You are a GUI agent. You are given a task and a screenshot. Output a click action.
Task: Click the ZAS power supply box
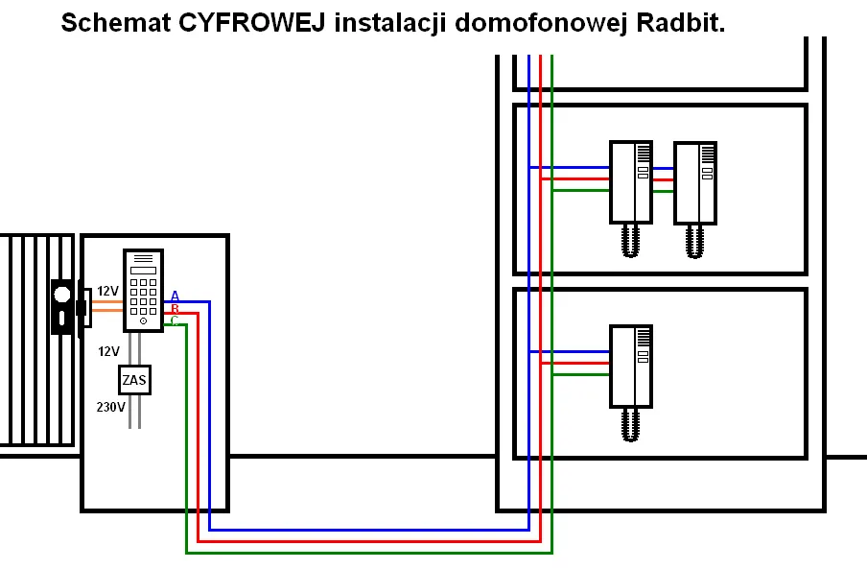pyautogui.click(x=135, y=380)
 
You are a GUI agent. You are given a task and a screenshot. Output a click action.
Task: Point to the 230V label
pyautogui.click(x=110, y=407)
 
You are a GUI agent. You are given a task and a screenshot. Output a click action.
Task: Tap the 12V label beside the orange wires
pyautogui.click(x=107, y=291)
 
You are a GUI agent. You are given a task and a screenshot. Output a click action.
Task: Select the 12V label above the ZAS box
pyautogui.click(x=108, y=351)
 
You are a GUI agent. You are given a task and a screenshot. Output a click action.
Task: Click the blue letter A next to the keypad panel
pyautogui.click(x=175, y=296)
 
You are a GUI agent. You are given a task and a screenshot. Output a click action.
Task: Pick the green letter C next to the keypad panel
pyautogui.click(x=175, y=320)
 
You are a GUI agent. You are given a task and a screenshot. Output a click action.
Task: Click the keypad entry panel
pyautogui.click(x=143, y=290)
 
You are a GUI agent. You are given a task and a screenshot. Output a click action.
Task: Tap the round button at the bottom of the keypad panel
pyautogui.click(x=143, y=321)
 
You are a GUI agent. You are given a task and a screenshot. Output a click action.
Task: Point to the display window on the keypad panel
pyautogui.click(x=143, y=270)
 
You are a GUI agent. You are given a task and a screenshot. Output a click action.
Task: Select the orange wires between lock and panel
pyautogui.click(x=106, y=306)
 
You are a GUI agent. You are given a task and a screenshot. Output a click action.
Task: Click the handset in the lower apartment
pyautogui.click(x=630, y=366)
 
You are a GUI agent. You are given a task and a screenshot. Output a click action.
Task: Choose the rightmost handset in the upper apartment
pyautogui.click(x=695, y=182)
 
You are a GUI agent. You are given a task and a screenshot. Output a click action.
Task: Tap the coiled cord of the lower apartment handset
pyautogui.click(x=630, y=424)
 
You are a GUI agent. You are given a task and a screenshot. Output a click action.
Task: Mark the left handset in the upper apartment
pyautogui.click(x=630, y=182)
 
